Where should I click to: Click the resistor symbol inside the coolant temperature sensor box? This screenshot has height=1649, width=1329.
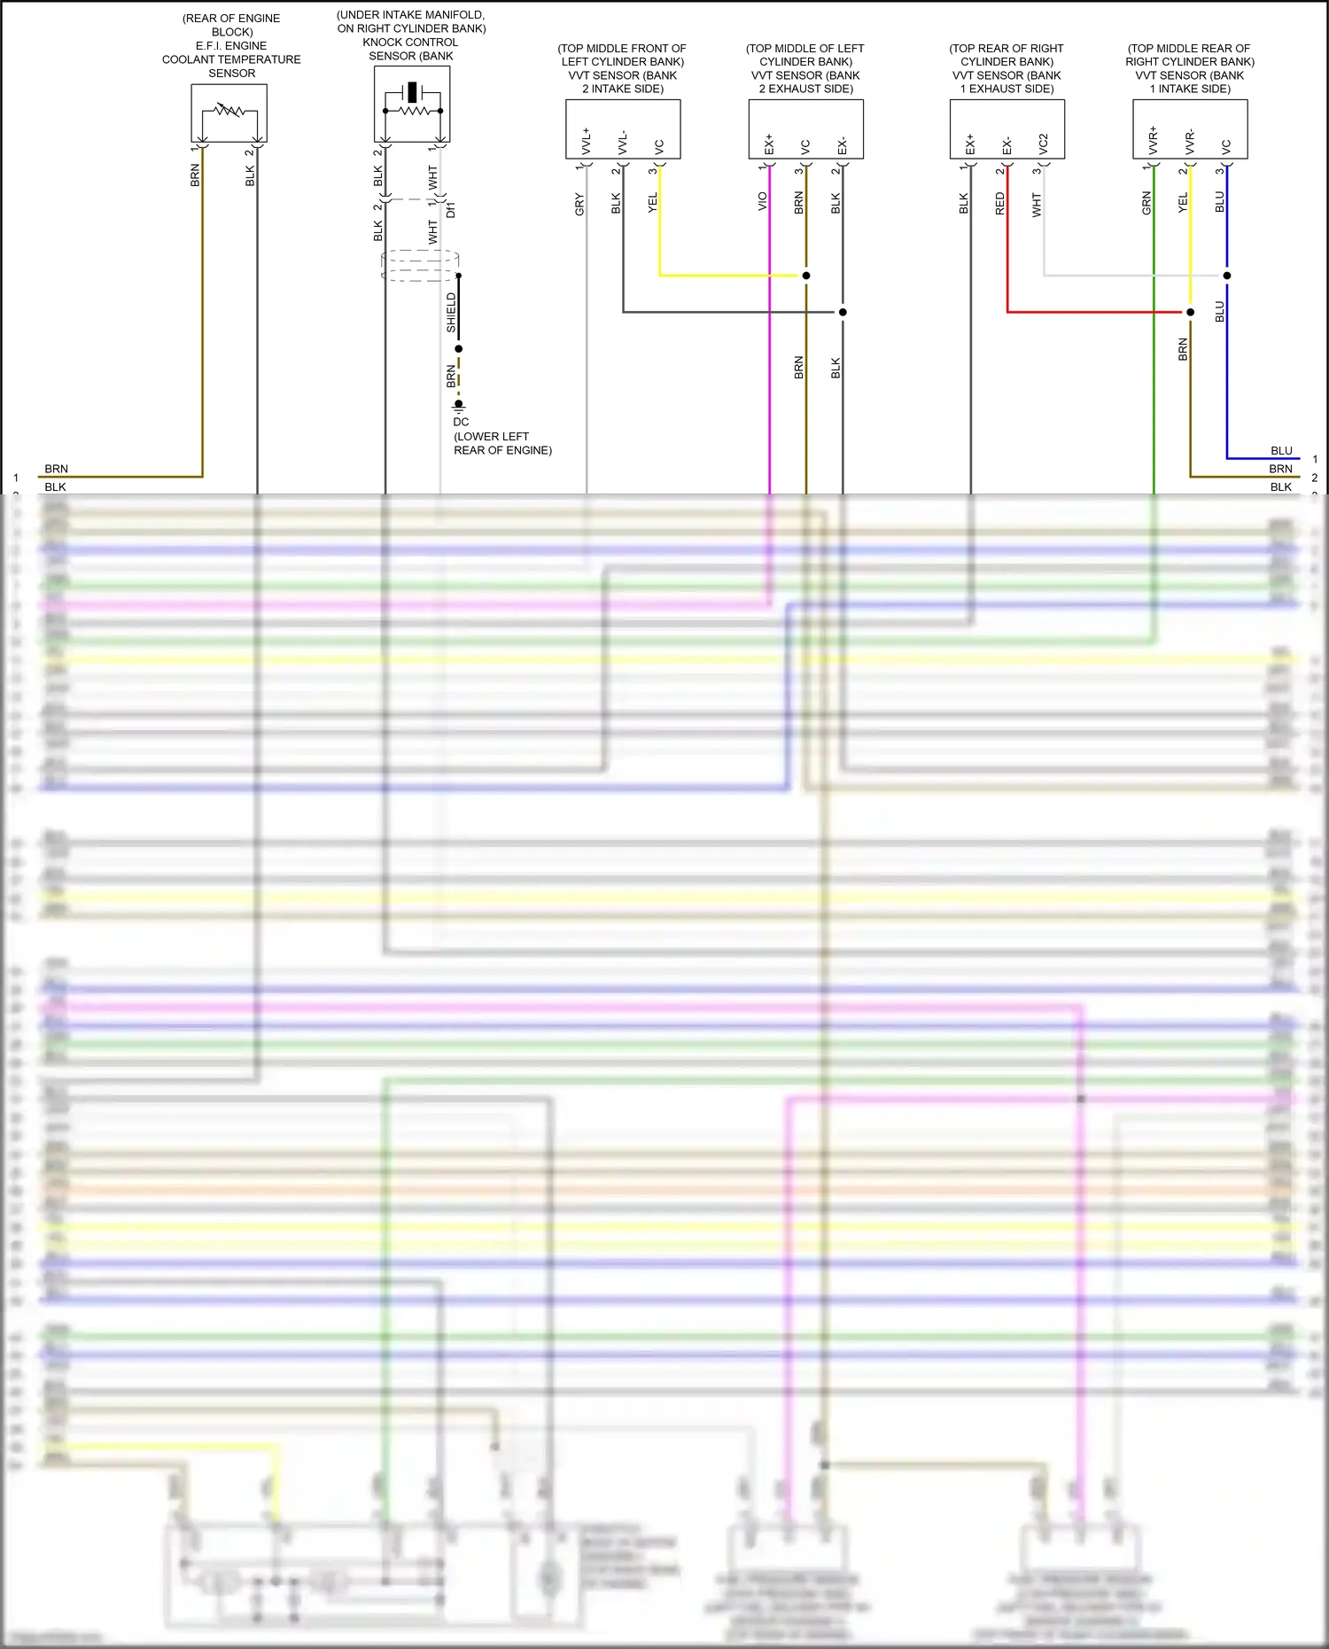(229, 111)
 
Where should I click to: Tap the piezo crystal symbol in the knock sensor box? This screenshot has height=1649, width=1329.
(412, 92)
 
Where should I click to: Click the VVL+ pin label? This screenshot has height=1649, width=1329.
(587, 141)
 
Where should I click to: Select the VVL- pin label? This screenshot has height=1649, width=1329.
(623, 143)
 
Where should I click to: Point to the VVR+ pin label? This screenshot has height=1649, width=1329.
(1153, 140)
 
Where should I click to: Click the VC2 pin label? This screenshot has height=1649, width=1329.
(1044, 144)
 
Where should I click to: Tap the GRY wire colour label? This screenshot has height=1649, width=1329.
(579, 204)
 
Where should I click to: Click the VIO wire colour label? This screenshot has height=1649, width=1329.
(763, 202)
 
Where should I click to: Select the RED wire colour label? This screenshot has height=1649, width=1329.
(1000, 204)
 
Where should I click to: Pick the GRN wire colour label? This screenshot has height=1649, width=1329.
(1146, 203)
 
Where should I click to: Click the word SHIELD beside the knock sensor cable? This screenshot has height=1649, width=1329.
(451, 313)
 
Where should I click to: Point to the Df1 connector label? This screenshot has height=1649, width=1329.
(451, 210)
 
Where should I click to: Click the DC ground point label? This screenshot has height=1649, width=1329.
(461, 422)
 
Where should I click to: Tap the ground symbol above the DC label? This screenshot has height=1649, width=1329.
(459, 406)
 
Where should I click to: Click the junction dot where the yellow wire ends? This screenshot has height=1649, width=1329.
(806, 276)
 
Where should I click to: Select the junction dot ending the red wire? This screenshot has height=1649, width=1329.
(1190, 312)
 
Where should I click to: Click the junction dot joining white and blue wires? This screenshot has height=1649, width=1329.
(1227, 276)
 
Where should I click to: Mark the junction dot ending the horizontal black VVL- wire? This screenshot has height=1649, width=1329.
(843, 312)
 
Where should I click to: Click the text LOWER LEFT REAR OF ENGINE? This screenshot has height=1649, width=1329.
(502, 443)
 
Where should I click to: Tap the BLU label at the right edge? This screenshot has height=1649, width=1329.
(1281, 451)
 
